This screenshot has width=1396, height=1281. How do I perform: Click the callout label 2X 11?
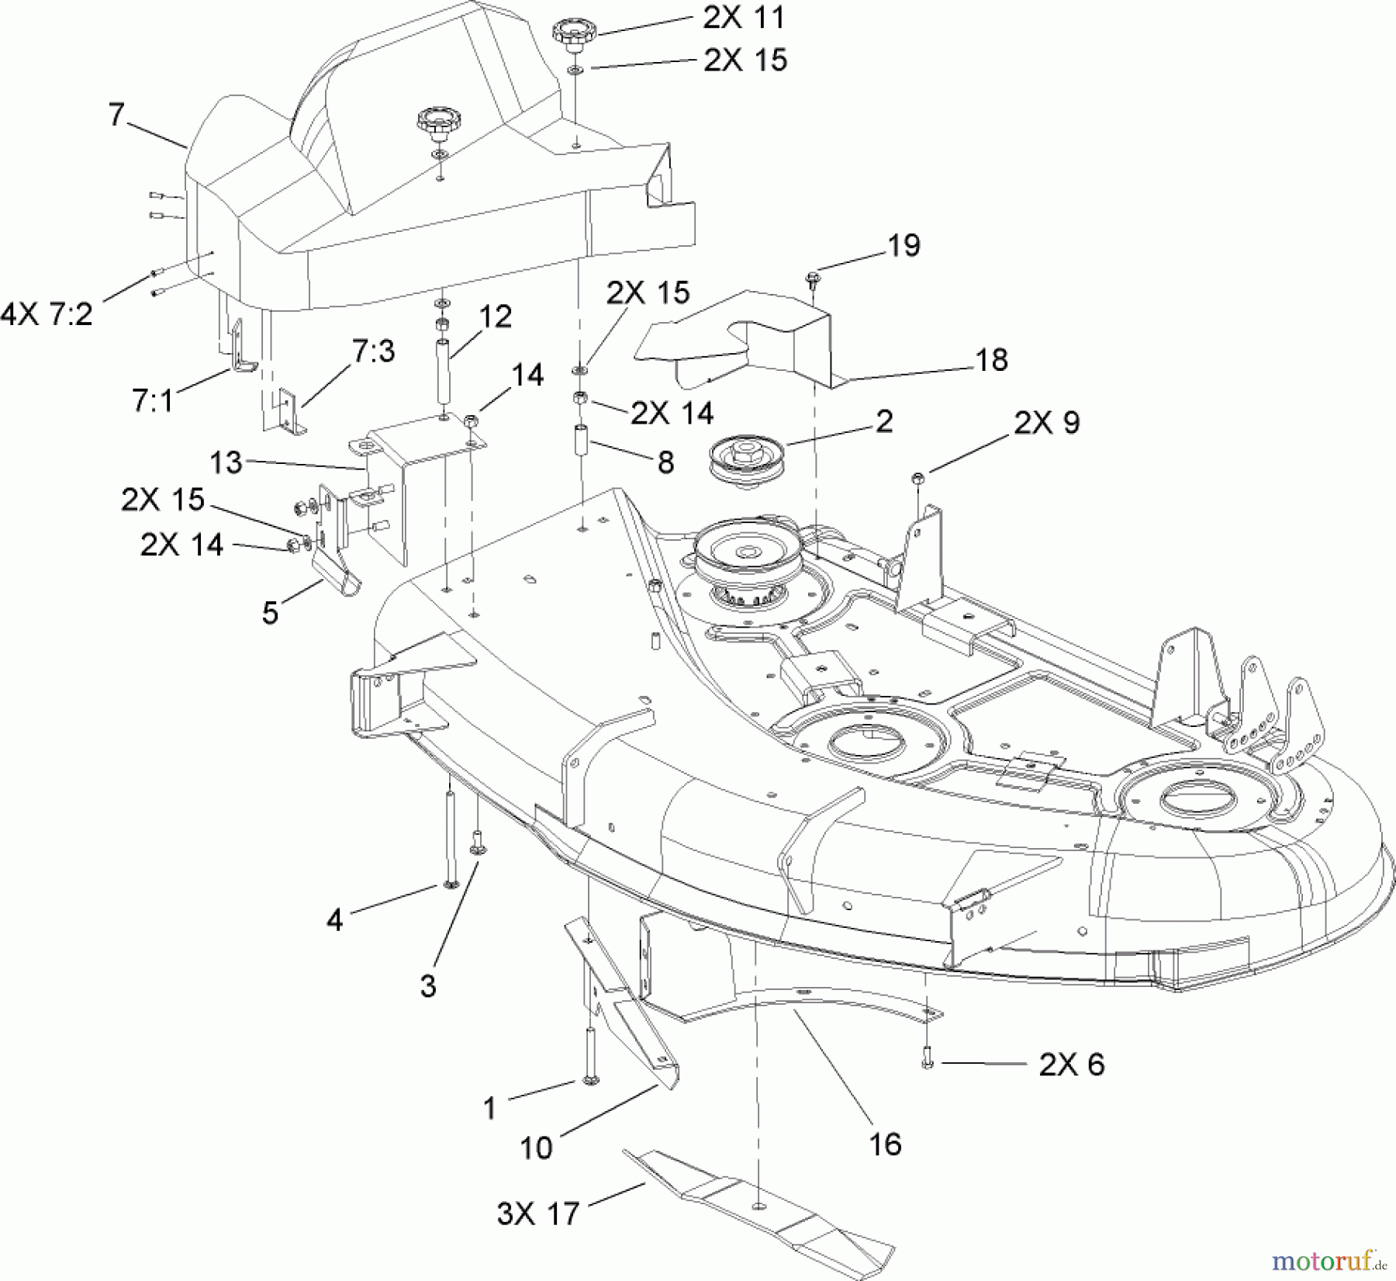tap(744, 19)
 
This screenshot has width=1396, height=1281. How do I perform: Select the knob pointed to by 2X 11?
tap(573, 35)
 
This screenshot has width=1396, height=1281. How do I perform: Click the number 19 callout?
tap(903, 245)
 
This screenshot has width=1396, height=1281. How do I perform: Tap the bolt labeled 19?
tap(814, 278)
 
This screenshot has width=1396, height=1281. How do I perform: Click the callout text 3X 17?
tap(538, 1213)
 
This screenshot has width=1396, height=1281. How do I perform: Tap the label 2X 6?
tap(1071, 1065)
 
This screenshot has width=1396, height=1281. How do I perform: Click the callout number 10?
tap(536, 1148)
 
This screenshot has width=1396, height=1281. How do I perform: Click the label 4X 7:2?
tap(47, 314)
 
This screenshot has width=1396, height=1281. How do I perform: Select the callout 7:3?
tap(373, 351)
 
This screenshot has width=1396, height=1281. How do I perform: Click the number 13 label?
tap(226, 462)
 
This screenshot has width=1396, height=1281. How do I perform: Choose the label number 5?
tap(270, 613)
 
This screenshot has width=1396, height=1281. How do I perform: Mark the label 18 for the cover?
tap(992, 359)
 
